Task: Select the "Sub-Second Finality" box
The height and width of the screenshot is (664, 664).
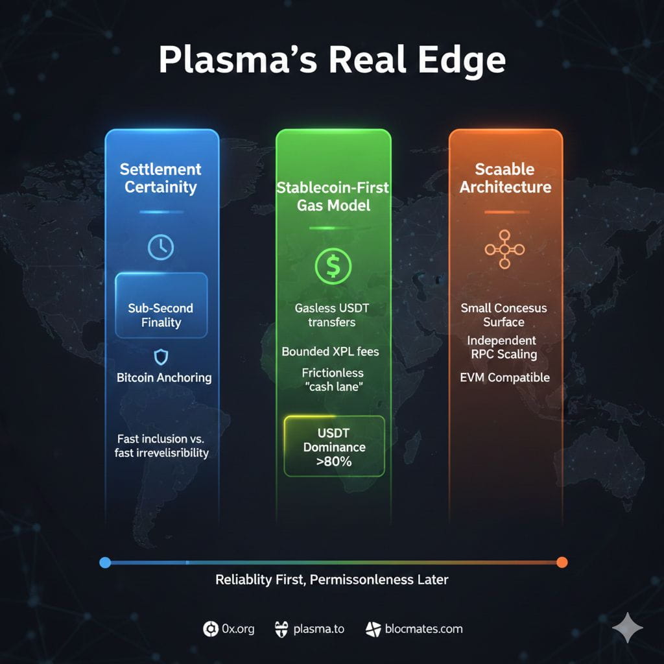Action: click(x=161, y=314)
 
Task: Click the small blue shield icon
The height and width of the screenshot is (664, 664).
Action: click(x=161, y=356)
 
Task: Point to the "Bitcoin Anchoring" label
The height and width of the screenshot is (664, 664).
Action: click(x=164, y=377)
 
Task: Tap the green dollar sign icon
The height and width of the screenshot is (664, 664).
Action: click(x=333, y=266)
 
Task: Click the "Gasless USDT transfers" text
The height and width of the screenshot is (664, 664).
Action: click(x=332, y=315)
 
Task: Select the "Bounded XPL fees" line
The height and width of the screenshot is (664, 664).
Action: click(x=331, y=351)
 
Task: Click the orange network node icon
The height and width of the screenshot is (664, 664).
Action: click(x=504, y=250)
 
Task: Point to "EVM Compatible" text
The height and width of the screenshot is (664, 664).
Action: click(x=505, y=377)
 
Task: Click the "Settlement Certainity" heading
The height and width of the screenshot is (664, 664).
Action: click(x=161, y=178)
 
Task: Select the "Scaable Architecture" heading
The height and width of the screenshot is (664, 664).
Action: click(x=505, y=178)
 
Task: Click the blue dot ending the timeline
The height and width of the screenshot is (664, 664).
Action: click(x=106, y=562)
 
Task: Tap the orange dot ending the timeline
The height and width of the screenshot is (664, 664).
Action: click(x=562, y=562)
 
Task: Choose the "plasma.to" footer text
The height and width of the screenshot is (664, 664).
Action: click(x=318, y=628)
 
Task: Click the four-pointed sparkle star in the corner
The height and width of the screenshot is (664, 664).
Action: click(x=628, y=628)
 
